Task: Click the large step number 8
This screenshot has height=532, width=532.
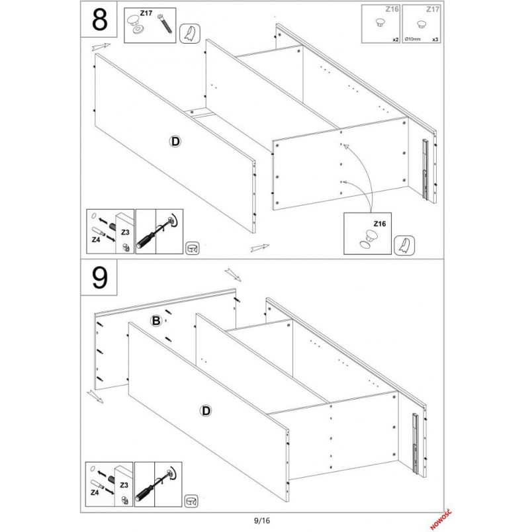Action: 99,19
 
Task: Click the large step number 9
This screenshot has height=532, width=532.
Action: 99,278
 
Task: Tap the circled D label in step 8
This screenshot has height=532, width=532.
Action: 175,141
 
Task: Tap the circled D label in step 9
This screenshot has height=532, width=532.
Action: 206,411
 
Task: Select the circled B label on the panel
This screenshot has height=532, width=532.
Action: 156,321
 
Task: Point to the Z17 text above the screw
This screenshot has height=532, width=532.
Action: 146,13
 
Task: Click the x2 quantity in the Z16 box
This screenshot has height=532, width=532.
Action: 396,40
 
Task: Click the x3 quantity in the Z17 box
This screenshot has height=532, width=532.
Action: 435,40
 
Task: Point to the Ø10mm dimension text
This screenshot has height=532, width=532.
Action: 412,40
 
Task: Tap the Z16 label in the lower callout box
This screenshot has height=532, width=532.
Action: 380,224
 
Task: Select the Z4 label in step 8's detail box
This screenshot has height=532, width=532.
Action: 96,240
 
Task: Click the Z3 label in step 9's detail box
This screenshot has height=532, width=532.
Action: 124,485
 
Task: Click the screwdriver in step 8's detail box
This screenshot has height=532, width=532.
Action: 157,232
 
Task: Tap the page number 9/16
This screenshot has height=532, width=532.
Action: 262,520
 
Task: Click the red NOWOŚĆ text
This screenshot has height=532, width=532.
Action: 441,520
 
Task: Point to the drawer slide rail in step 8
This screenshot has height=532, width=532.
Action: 425,169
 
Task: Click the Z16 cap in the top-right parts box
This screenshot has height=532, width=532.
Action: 380,22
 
